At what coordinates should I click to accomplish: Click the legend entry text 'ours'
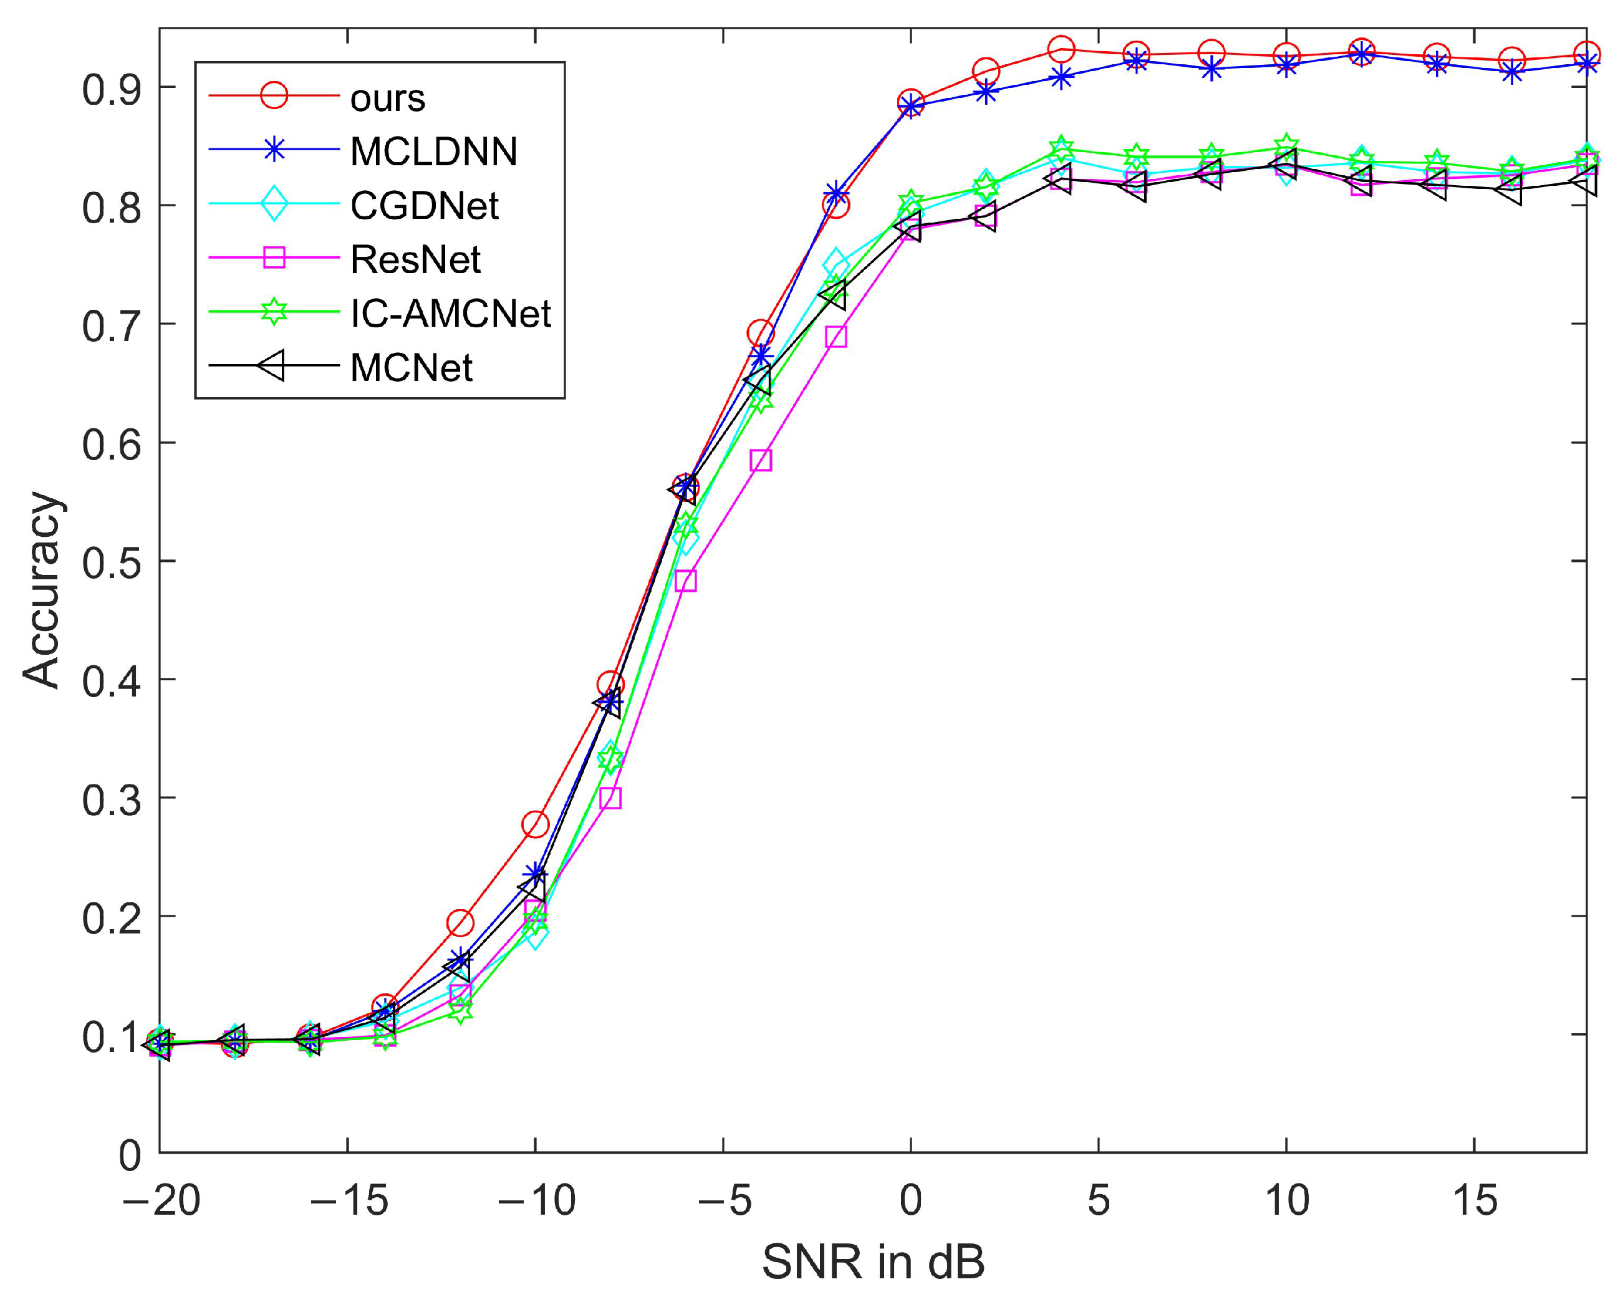(x=387, y=99)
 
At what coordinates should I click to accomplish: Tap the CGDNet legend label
(x=424, y=206)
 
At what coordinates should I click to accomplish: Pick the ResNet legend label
(x=415, y=259)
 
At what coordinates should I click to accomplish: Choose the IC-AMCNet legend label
(x=450, y=314)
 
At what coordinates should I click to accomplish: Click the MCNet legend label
(x=412, y=368)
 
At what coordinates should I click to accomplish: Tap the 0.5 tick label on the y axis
(x=111, y=562)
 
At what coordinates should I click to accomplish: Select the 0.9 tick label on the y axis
(x=111, y=89)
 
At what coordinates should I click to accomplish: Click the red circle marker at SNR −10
(x=535, y=824)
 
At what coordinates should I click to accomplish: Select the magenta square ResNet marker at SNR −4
(x=761, y=460)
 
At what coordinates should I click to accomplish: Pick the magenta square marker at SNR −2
(x=836, y=337)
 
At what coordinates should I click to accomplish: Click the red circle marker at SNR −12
(x=460, y=923)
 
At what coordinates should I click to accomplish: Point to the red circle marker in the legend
(x=274, y=96)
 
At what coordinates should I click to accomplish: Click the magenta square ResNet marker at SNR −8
(x=611, y=798)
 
